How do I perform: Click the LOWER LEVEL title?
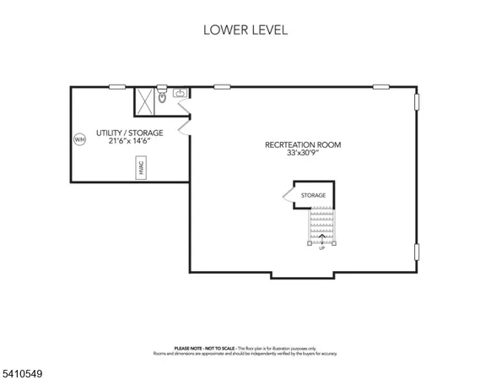[245, 30]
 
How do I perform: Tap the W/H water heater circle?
[80, 139]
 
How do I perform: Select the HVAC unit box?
[142, 170]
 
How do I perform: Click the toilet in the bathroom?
[163, 98]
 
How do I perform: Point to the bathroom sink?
[180, 94]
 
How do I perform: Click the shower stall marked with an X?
[145, 101]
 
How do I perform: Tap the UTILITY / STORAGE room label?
[129, 133]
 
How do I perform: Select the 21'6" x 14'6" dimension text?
[129, 141]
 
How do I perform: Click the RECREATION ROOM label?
[303, 145]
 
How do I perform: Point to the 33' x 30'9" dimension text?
[303, 154]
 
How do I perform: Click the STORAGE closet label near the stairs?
[313, 195]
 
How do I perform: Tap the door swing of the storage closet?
[288, 197]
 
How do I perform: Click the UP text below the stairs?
[321, 248]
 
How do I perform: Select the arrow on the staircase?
[321, 236]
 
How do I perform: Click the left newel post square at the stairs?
[310, 243]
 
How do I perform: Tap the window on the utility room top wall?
[116, 86]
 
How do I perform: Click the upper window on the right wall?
[416, 100]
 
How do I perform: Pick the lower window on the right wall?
[416, 252]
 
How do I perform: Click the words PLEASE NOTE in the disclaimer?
[187, 348]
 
